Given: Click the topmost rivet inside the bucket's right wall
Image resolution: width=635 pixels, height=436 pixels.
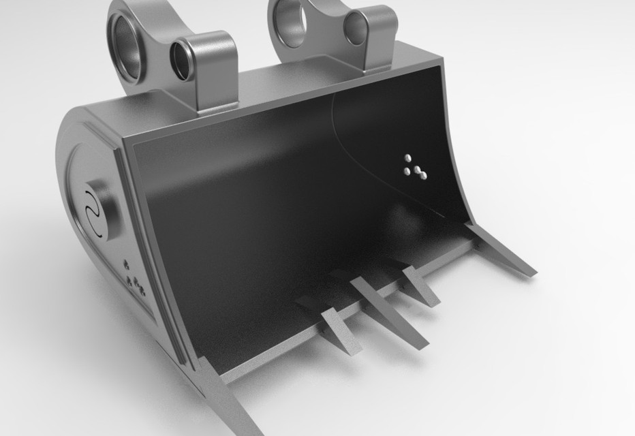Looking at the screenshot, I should point(408,157).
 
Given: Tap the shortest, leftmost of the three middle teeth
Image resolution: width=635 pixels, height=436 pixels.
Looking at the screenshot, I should point(339,330).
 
